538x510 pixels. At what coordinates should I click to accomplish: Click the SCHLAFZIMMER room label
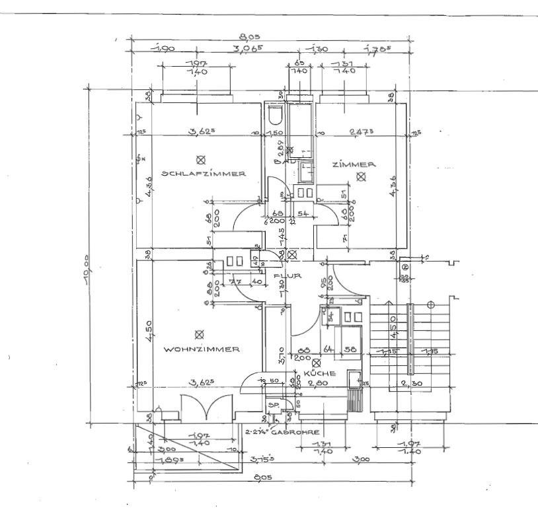click(x=205, y=174)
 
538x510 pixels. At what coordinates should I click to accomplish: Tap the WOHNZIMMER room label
click(x=202, y=349)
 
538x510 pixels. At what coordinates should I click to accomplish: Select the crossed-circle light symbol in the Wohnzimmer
click(x=201, y=334)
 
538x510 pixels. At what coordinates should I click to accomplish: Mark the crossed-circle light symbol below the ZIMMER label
click(x=361, y=176)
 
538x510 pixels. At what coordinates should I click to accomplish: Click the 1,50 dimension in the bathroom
click(x=274, y=133)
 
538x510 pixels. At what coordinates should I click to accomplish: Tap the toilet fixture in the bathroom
click(x=275, y=116)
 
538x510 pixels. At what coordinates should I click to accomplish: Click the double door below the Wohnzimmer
click(x=207, y=406)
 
